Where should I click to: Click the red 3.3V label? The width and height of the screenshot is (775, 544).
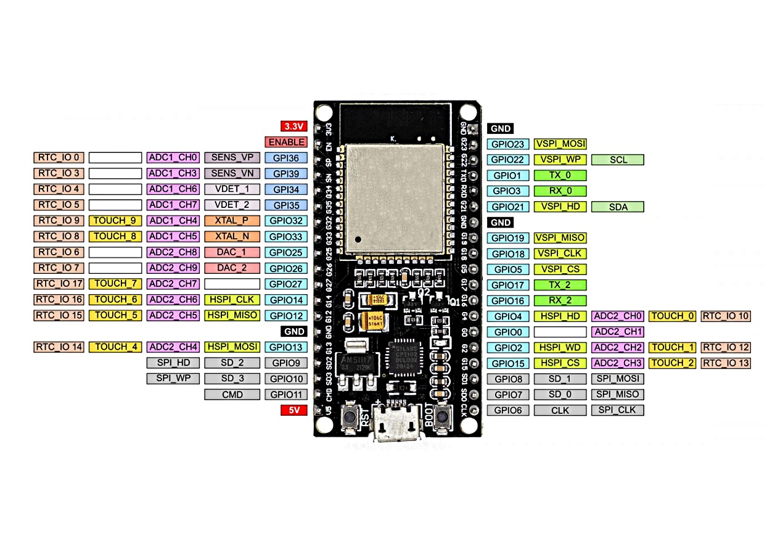tap(293, 126)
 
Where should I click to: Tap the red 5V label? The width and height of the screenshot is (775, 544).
tap(293, 410)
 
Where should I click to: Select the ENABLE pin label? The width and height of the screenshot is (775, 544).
tap(285, 142)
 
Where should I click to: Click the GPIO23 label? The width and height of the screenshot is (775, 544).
tap(508, 144)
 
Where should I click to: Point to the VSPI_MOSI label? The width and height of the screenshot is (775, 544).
tap(560, 144)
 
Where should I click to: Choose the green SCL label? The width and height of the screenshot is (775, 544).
tap(618, 160)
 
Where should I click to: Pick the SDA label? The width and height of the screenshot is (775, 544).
tap(618, 207)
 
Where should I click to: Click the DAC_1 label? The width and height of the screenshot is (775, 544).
tap(231, 252)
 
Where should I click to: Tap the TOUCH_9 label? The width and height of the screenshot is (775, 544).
tap(115, 221)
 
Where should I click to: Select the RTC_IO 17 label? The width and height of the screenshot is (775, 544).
tap(59, 284)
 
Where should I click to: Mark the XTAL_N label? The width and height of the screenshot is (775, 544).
tap(231, 236)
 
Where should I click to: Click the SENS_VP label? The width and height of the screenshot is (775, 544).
tap(231, 157)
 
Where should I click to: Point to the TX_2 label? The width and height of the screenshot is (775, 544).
tap(560, 285)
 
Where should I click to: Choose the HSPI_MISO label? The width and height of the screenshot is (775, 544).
tap(231, 315)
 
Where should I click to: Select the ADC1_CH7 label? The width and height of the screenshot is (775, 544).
tap(173, 205)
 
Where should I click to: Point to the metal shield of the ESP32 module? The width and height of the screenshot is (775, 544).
tap(394, 197)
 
